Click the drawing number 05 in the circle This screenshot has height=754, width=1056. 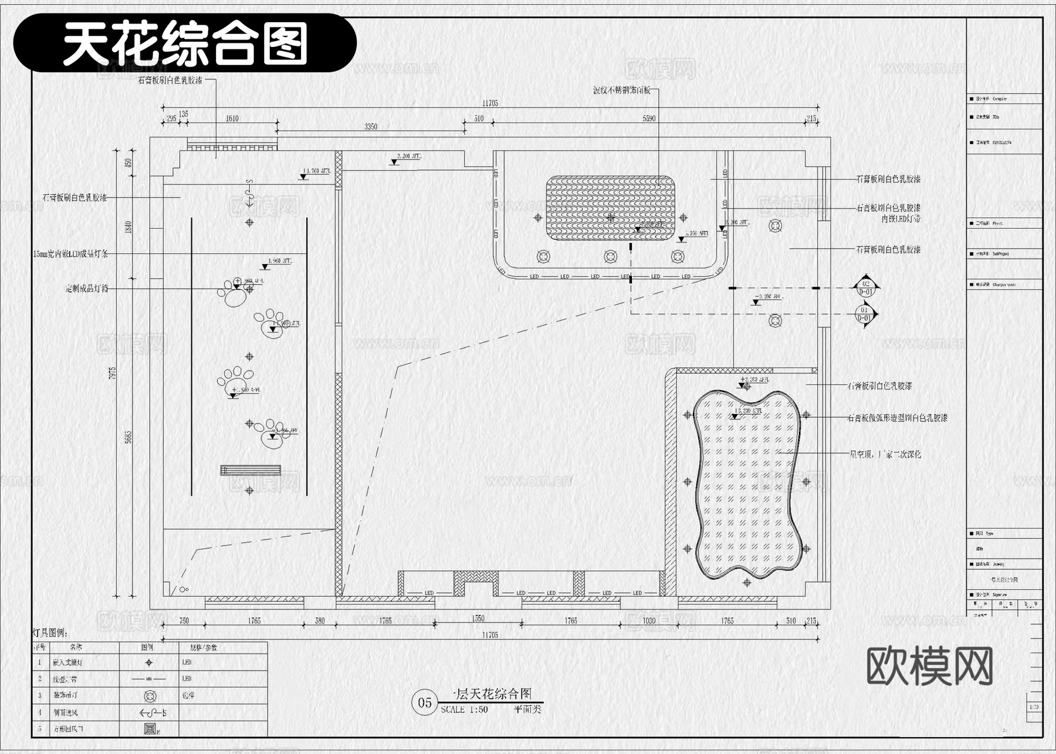point(425,702)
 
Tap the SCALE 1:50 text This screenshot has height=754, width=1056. point(465,709)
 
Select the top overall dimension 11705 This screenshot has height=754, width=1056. point(490,103)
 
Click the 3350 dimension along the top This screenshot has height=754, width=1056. point(371,126)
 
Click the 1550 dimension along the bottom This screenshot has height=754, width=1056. point(478,618)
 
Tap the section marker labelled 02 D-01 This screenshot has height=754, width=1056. point(866,288)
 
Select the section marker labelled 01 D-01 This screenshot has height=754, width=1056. point(865,314)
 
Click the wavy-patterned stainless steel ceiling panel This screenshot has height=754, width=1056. point(610,208)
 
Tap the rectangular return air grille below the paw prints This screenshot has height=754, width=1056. point(251,470)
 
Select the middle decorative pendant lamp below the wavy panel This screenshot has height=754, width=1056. point(610,256)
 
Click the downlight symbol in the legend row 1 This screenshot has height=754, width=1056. point(149,662)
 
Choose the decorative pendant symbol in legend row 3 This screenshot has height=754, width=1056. point(150,696)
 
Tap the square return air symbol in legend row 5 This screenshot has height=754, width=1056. point(150,729)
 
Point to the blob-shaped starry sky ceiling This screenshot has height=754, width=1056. point(747,484)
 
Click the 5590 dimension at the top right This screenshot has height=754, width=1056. point(649,119)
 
